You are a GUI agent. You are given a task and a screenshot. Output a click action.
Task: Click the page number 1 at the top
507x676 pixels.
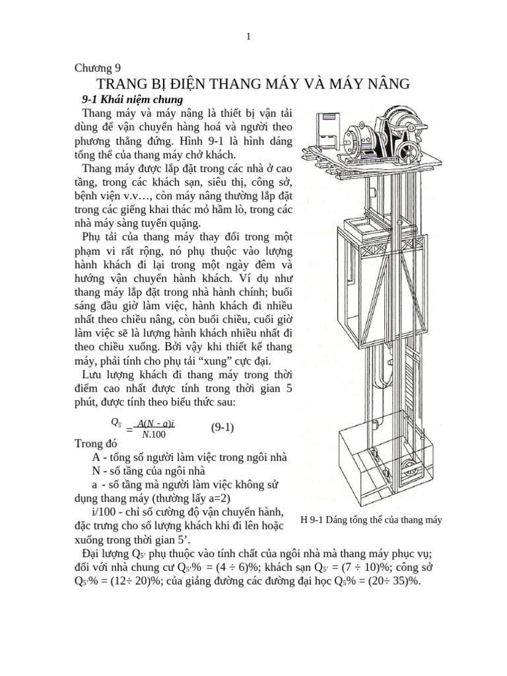pyautogui.click(x=248, y=37)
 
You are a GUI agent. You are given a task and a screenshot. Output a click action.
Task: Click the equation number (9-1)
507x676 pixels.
pyautogui.click(x=222, y=427)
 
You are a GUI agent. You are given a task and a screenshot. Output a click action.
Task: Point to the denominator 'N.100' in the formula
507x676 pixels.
pyautogui.click(x=154, y=434)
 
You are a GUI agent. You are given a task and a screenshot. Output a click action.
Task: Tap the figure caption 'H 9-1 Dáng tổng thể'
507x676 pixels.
pyautogui.click(x=370, y=520)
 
